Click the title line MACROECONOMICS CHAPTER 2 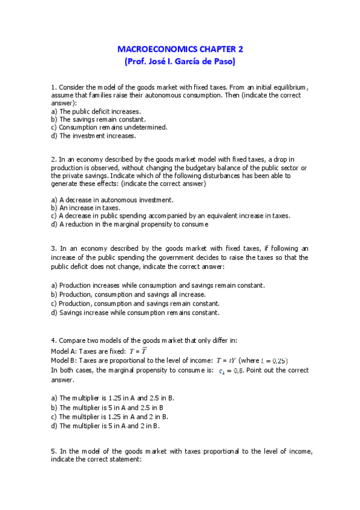pyautogui.click(x=180, y=49)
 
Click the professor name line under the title pyautogui.click(x=180, y=61)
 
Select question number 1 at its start pyautogui.click(x=53, y=87)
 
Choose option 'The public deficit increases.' pyautogui.click(x=96, y=111)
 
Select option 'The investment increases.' pyautogui.click(x=94, y=135)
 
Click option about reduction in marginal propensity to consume pyautogui.click(x=130, y=224)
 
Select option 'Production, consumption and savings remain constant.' pyautogui.click(x=135, y=303)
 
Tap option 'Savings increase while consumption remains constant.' pyautogui.click(x=135, y=312)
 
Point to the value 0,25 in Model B pyautogui.click(x=279, y=361)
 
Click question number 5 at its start pyautogui.click(x=53, y=451)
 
